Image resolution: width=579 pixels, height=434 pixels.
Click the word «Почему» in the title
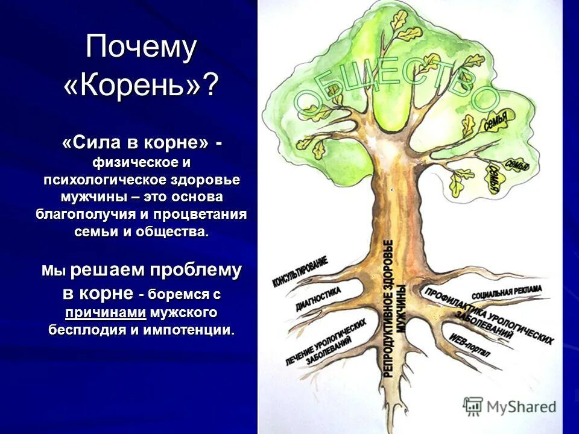[x=141, y=48]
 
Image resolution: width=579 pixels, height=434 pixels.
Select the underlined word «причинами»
[x=106, y=313]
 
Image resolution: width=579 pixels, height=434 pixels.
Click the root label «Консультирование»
[x=300, y=271]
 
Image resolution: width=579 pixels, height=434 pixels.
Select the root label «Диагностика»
[x=318, y=299]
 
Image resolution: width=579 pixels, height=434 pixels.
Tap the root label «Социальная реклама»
[x=507, y=292]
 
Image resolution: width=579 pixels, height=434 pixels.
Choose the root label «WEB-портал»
[x=470, y=342]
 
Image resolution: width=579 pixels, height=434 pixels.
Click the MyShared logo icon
[x=473, y=406]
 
